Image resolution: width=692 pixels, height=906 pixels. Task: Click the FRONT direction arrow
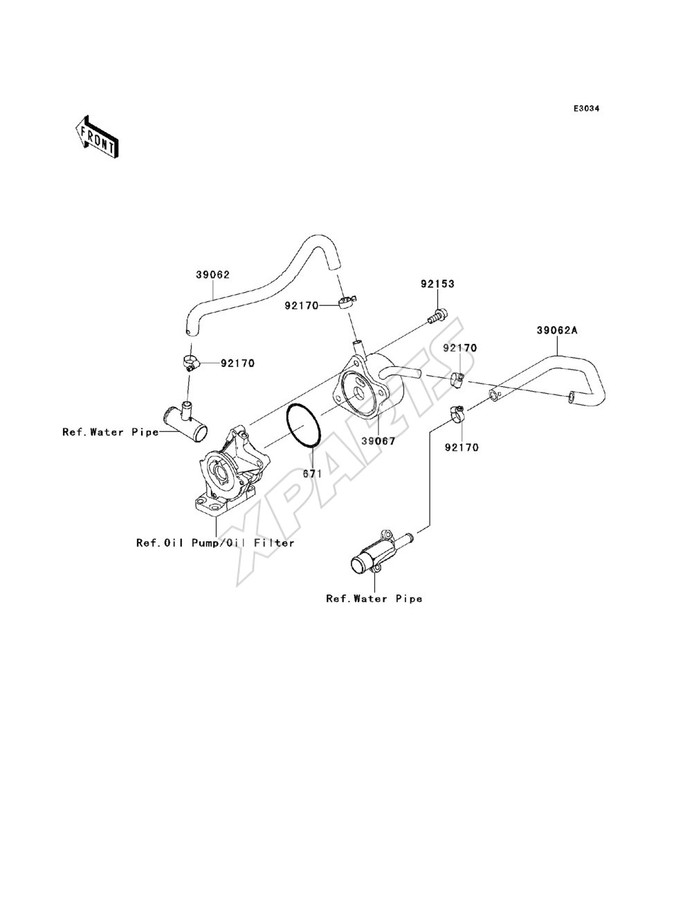click(97, 136)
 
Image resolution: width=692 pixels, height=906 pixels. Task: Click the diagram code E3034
click(586, 109)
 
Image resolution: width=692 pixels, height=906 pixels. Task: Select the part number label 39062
click(212, 275)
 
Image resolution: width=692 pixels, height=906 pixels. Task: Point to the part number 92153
click(437, 284)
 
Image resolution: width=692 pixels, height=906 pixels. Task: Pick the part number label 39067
click(379, 441)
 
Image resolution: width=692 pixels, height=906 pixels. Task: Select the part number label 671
click(312, 474)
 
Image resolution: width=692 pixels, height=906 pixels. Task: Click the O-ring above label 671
click(303, 425)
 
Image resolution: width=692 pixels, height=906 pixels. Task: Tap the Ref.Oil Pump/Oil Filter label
click(215, 543)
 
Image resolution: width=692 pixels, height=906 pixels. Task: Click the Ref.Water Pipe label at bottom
click(374, 599)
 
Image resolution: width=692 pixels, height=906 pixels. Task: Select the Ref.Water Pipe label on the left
click(111, 432)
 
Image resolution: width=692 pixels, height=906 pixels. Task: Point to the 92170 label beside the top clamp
click(302, 305)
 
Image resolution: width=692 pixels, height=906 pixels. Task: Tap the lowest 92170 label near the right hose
click(462, 447)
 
